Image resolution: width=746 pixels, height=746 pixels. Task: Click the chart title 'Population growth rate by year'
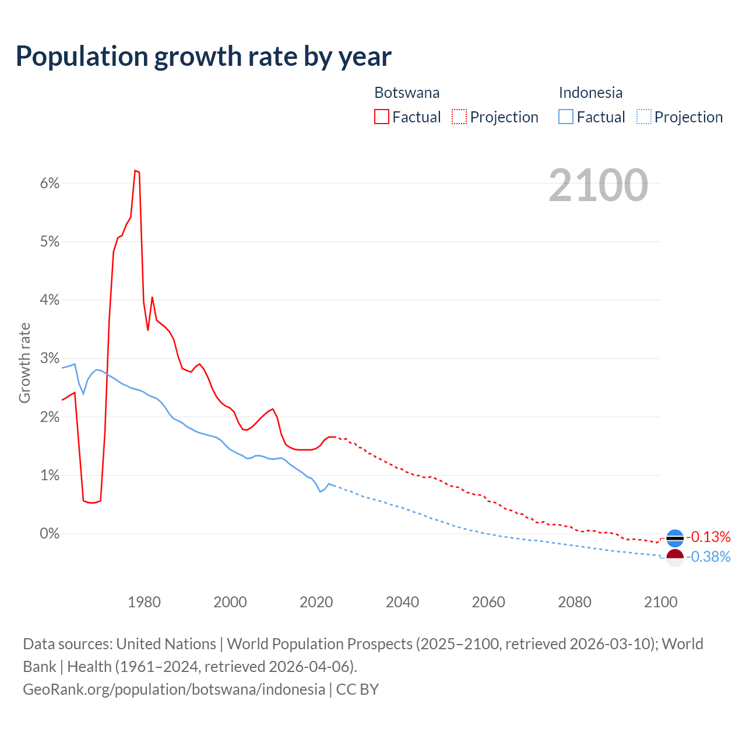tap(203, 57)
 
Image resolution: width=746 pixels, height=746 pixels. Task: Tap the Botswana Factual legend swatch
tap(381, 117)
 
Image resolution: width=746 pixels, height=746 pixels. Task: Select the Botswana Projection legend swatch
tap(459, 117)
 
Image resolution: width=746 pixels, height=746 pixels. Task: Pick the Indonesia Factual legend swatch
tap(565, 117)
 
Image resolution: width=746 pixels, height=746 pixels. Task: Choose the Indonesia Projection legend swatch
tap(643, 117)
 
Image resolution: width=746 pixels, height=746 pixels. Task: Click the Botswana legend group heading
tap(407, 93)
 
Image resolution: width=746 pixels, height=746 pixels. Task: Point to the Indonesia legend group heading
tap(590, 93)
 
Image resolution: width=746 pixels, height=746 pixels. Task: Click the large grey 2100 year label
tap(598, 185)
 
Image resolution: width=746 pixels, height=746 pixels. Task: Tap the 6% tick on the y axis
tap(50, 184)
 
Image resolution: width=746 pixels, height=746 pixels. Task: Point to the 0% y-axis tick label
tap(50, 534)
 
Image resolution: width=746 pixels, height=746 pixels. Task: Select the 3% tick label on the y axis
tap(50, 358)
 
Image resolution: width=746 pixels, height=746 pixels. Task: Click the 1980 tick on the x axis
tap(144, 602)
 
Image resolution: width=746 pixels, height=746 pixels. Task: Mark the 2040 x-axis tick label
tap(402, 602)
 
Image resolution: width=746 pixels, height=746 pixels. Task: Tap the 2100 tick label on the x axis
tap(660, 602)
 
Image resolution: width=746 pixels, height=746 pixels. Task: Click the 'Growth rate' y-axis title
tap(24, 363)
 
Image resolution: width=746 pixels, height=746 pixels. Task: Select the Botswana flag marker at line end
tap(674, 538)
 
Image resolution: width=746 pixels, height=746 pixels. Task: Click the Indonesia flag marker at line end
tap(674, 557)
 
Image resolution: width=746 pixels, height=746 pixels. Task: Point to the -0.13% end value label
tap(708, 537)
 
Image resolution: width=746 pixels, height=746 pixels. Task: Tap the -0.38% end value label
tap(708, 557)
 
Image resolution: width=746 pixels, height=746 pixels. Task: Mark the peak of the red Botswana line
tap(135, 171)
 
